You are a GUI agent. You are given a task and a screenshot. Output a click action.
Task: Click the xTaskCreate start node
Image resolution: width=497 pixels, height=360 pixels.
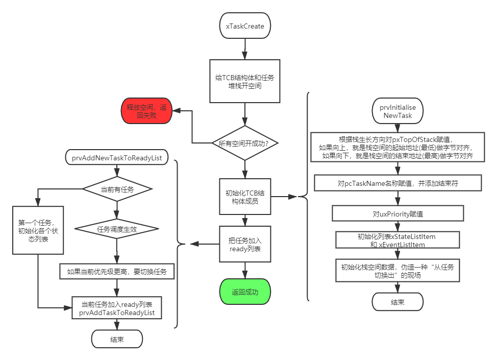[x=245, y=26]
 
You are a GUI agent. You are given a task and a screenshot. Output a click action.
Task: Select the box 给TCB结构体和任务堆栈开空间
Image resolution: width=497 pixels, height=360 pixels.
[x=245, y=82]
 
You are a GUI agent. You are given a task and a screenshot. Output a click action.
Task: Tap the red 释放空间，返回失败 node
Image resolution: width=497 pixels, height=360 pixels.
[x=146, y=111]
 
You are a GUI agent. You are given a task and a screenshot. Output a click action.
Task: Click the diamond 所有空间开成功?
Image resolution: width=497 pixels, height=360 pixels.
[x=245, y=143]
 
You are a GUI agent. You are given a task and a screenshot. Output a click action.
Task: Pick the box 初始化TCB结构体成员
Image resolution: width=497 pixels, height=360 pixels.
[x=245, y=197]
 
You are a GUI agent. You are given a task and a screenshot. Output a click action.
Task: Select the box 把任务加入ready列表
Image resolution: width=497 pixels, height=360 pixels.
[x=245, y=244]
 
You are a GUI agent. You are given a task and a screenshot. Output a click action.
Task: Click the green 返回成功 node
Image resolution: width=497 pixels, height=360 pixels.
[x=245, y=292]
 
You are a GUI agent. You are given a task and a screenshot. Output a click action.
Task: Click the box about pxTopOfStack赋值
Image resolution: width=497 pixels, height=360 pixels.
[x=397, y=147]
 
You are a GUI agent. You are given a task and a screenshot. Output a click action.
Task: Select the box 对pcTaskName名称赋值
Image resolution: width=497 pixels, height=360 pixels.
[x=397, y=183]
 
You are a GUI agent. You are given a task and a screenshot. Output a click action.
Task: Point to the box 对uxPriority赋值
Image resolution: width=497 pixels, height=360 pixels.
[x=397, y=213]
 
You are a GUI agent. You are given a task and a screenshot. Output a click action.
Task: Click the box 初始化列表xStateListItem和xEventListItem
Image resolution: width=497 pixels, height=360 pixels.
[x=397, y=241]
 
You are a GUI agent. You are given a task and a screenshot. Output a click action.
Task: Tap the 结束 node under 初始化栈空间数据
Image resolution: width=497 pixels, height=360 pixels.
[x=397, y=302]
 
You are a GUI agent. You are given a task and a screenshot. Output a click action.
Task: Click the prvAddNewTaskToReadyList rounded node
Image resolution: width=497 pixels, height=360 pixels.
[x=117, y=157]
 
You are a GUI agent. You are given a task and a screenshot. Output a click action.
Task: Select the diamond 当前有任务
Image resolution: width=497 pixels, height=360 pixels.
[x=118, y=189]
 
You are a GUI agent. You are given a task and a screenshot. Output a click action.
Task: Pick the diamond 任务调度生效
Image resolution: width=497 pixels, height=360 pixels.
[x=117, y=229]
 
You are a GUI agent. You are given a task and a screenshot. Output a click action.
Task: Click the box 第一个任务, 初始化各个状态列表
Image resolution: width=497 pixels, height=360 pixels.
[x=37, y=230]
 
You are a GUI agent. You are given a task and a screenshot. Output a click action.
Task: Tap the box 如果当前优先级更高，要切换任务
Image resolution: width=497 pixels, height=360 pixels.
[x=117, y=271]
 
